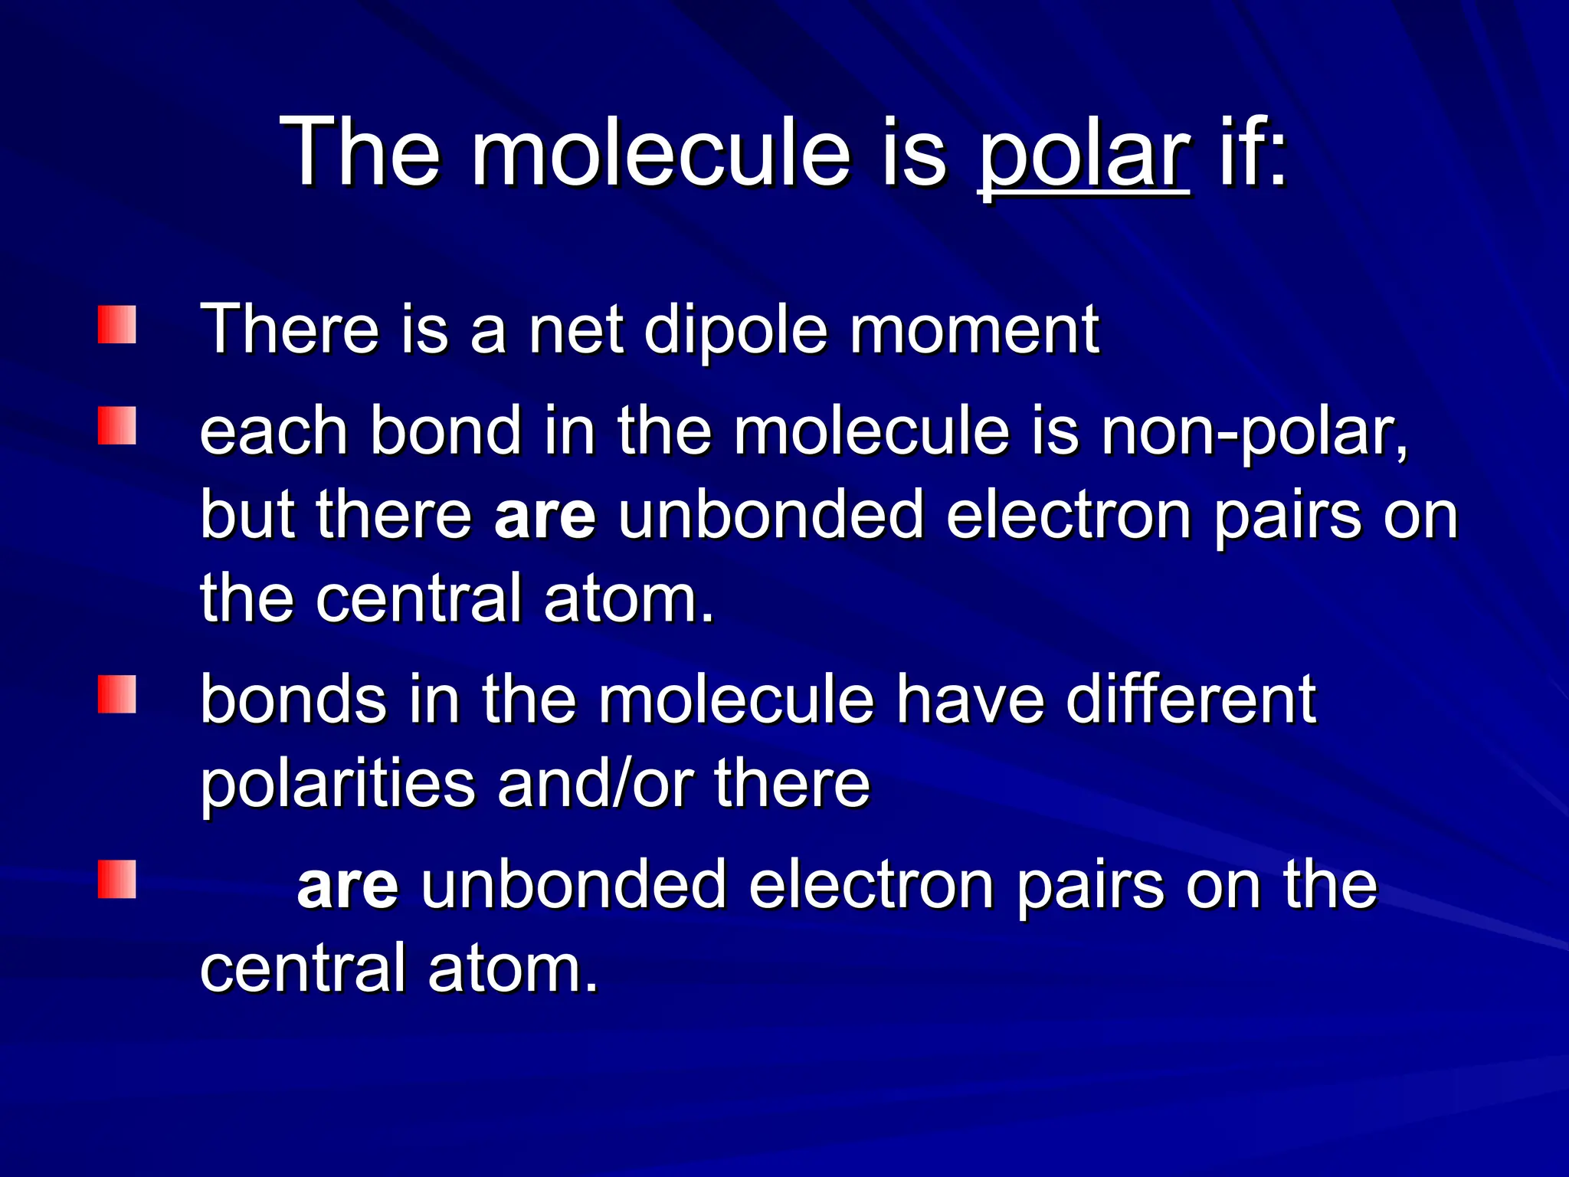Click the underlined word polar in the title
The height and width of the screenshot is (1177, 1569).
[x=1083, y=153]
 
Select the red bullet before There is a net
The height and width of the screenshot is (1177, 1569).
[x=117, y=325]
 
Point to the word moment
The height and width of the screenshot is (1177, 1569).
[x=974, y=330]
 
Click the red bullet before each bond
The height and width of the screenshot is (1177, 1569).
[x=117, y=425]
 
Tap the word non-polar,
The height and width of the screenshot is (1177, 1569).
[x=1255, y=431]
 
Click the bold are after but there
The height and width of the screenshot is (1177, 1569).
[x=545, y=515]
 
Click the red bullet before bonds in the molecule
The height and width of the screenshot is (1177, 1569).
[x=117, y=694]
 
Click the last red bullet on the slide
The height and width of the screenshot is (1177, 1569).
[x=117, y=879]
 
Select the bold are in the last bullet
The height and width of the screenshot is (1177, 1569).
[x=348, y=886]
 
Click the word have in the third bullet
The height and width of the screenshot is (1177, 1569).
[x=971, y=699]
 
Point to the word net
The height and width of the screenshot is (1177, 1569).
[x=575, y=330]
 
